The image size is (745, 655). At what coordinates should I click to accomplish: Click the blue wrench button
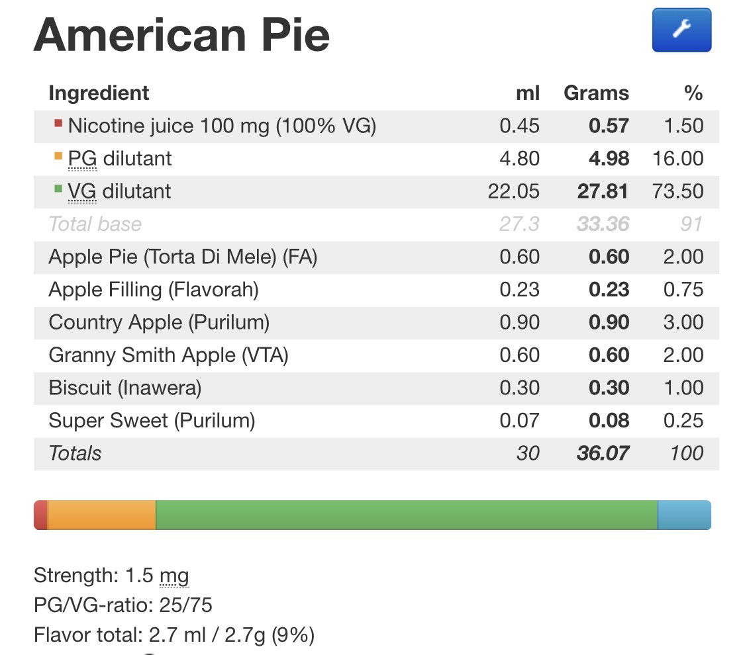(x=681, y=30)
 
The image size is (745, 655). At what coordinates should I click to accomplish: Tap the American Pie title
(x=181, y=35)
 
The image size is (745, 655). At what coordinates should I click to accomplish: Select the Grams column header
(x=596, y=93)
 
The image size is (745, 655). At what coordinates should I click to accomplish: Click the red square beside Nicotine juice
(x=58, y=124)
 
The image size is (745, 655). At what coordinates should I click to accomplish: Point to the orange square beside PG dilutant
(x=58, y=156)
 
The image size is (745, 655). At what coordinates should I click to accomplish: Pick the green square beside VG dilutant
(x=58, y=189)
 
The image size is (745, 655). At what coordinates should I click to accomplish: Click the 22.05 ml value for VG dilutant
(x=514, y=191)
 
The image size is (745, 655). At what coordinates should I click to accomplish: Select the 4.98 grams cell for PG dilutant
(x=609, y=159)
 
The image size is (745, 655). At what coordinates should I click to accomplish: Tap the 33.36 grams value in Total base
(x=603, y=224)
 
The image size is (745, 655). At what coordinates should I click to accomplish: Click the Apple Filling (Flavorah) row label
(x=154, y=290)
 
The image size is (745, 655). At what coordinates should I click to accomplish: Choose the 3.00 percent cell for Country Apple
(x=683, y=322)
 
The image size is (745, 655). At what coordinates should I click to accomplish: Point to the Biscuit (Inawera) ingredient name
(x=125, y=388)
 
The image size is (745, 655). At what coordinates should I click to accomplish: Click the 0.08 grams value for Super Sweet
(x=609, y=421)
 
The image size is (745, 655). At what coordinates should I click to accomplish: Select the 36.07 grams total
(x=603, y=453)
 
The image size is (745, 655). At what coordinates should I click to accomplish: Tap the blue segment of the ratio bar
(x=684, y=515)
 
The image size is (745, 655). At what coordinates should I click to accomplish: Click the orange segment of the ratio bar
(x=102, y=515)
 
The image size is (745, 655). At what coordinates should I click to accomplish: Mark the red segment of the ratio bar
(x=41, y=515)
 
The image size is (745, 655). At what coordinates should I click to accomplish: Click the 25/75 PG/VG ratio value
(x=186, y=605)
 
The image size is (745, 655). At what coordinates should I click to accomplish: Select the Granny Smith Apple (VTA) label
(x=169, y=355)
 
